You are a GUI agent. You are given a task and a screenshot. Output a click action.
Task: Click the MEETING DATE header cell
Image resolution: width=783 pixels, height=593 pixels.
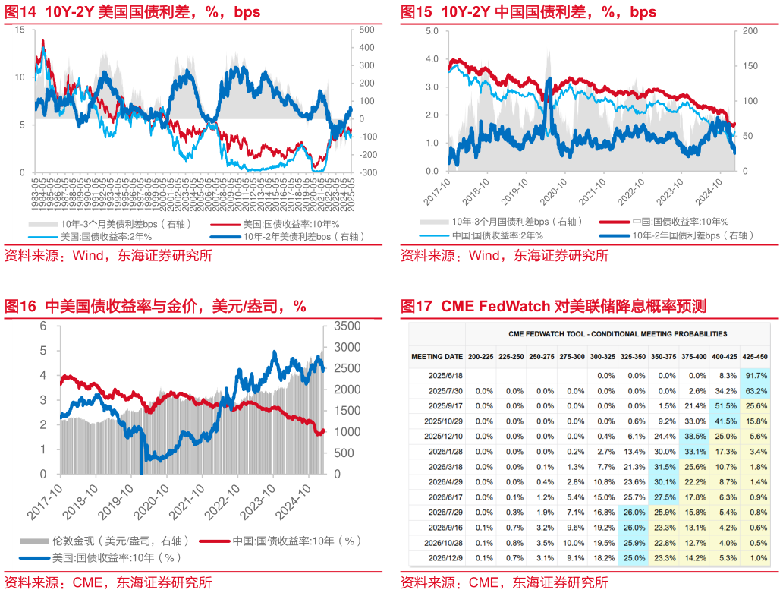437,356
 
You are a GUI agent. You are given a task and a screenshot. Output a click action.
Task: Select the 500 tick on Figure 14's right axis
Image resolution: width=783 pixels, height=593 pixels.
367,30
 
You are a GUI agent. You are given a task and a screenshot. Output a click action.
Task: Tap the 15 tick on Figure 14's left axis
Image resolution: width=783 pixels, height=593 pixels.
20,30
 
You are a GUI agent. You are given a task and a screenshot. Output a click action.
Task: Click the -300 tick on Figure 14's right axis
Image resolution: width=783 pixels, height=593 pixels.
366,172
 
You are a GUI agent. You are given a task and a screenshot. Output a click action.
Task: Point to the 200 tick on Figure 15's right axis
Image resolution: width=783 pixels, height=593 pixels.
750,30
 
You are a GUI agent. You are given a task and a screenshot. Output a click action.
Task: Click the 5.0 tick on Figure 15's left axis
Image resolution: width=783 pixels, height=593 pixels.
432,30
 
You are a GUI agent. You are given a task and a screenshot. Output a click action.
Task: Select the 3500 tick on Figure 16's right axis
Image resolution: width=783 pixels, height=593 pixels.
348,326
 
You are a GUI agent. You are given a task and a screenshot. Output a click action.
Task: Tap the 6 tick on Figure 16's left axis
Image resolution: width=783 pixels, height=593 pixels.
43,326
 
